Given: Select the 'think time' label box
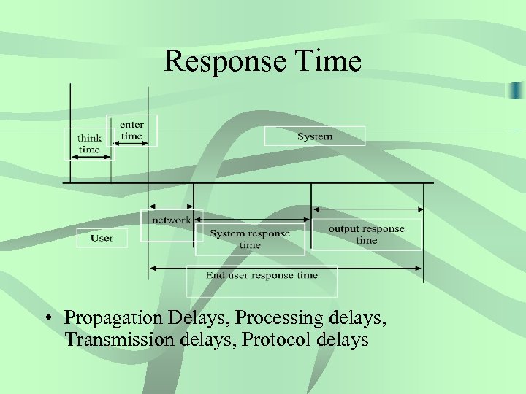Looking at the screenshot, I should pyautogui.click(x=89, y=143).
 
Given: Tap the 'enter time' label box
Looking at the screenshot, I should pyautogui.click(x=131, y=130).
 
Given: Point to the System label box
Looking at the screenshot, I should pyautogui.click(x=314, y=136).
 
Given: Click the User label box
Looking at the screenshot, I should pyautogui.click(x=102, y=238).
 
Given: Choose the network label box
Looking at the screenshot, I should pyautogui.click(x=171, y=220).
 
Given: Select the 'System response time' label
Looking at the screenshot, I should pyautogui.click(x=250, y=239).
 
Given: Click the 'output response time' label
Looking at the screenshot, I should pyautogui.click(x=366, y=234).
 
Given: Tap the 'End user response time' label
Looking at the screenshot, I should pyautogui.click(x=262, y=276).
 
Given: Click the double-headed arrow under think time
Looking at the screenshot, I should pyautogui.click(x=89, y=158).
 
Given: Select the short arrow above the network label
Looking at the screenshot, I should pyautogui.click(x=171, y=206).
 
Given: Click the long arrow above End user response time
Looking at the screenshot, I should pyautogui.click(x=285, y=267).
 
